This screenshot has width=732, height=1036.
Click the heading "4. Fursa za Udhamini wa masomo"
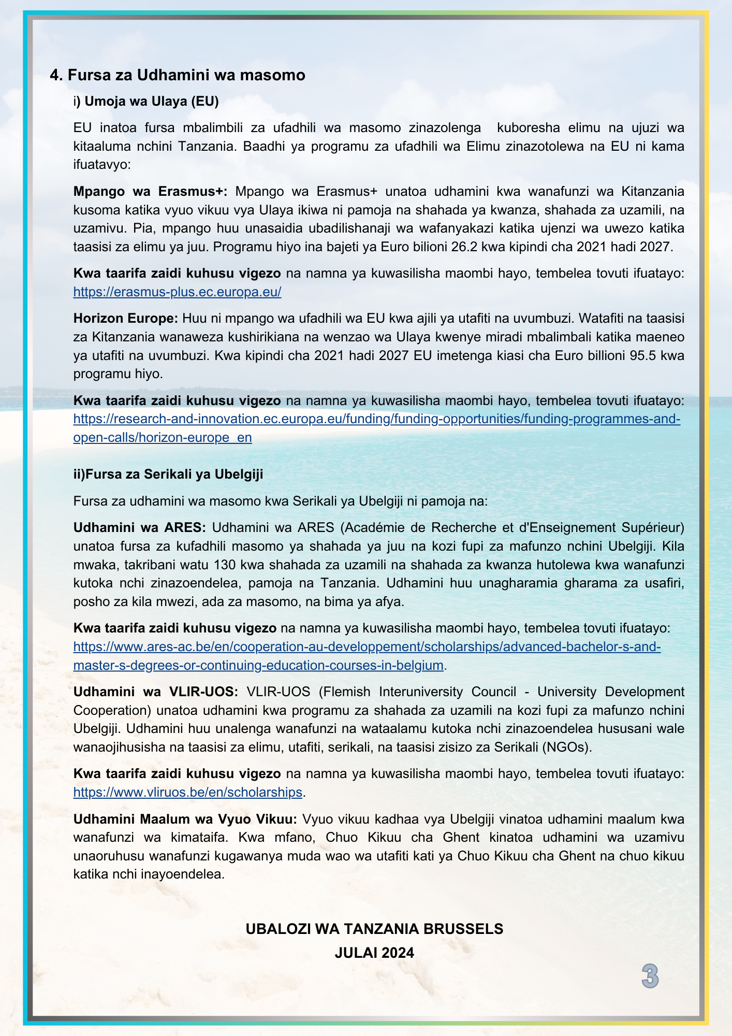point(178,75)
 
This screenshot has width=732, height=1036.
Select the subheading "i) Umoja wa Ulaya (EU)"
point(146,101)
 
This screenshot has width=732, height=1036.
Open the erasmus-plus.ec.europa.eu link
point(177,292)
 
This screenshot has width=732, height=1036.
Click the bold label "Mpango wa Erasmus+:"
point(150,191)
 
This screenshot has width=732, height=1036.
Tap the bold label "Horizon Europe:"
point(126,318)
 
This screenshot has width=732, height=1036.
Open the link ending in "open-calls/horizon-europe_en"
point(163,437)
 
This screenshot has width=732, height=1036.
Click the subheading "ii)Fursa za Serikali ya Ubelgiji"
point(168,474)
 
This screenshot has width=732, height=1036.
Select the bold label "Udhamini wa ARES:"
point(140,527)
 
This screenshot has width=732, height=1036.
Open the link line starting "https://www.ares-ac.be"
point(367,646)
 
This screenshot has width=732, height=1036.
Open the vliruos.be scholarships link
point(187,792)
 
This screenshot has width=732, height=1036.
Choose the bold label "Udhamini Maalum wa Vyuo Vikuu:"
point(185,818)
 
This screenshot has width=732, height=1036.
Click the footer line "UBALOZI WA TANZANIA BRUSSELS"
point(374,929)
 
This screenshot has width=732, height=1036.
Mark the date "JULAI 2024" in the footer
point(374,953)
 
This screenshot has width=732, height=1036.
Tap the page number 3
point(650,976)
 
